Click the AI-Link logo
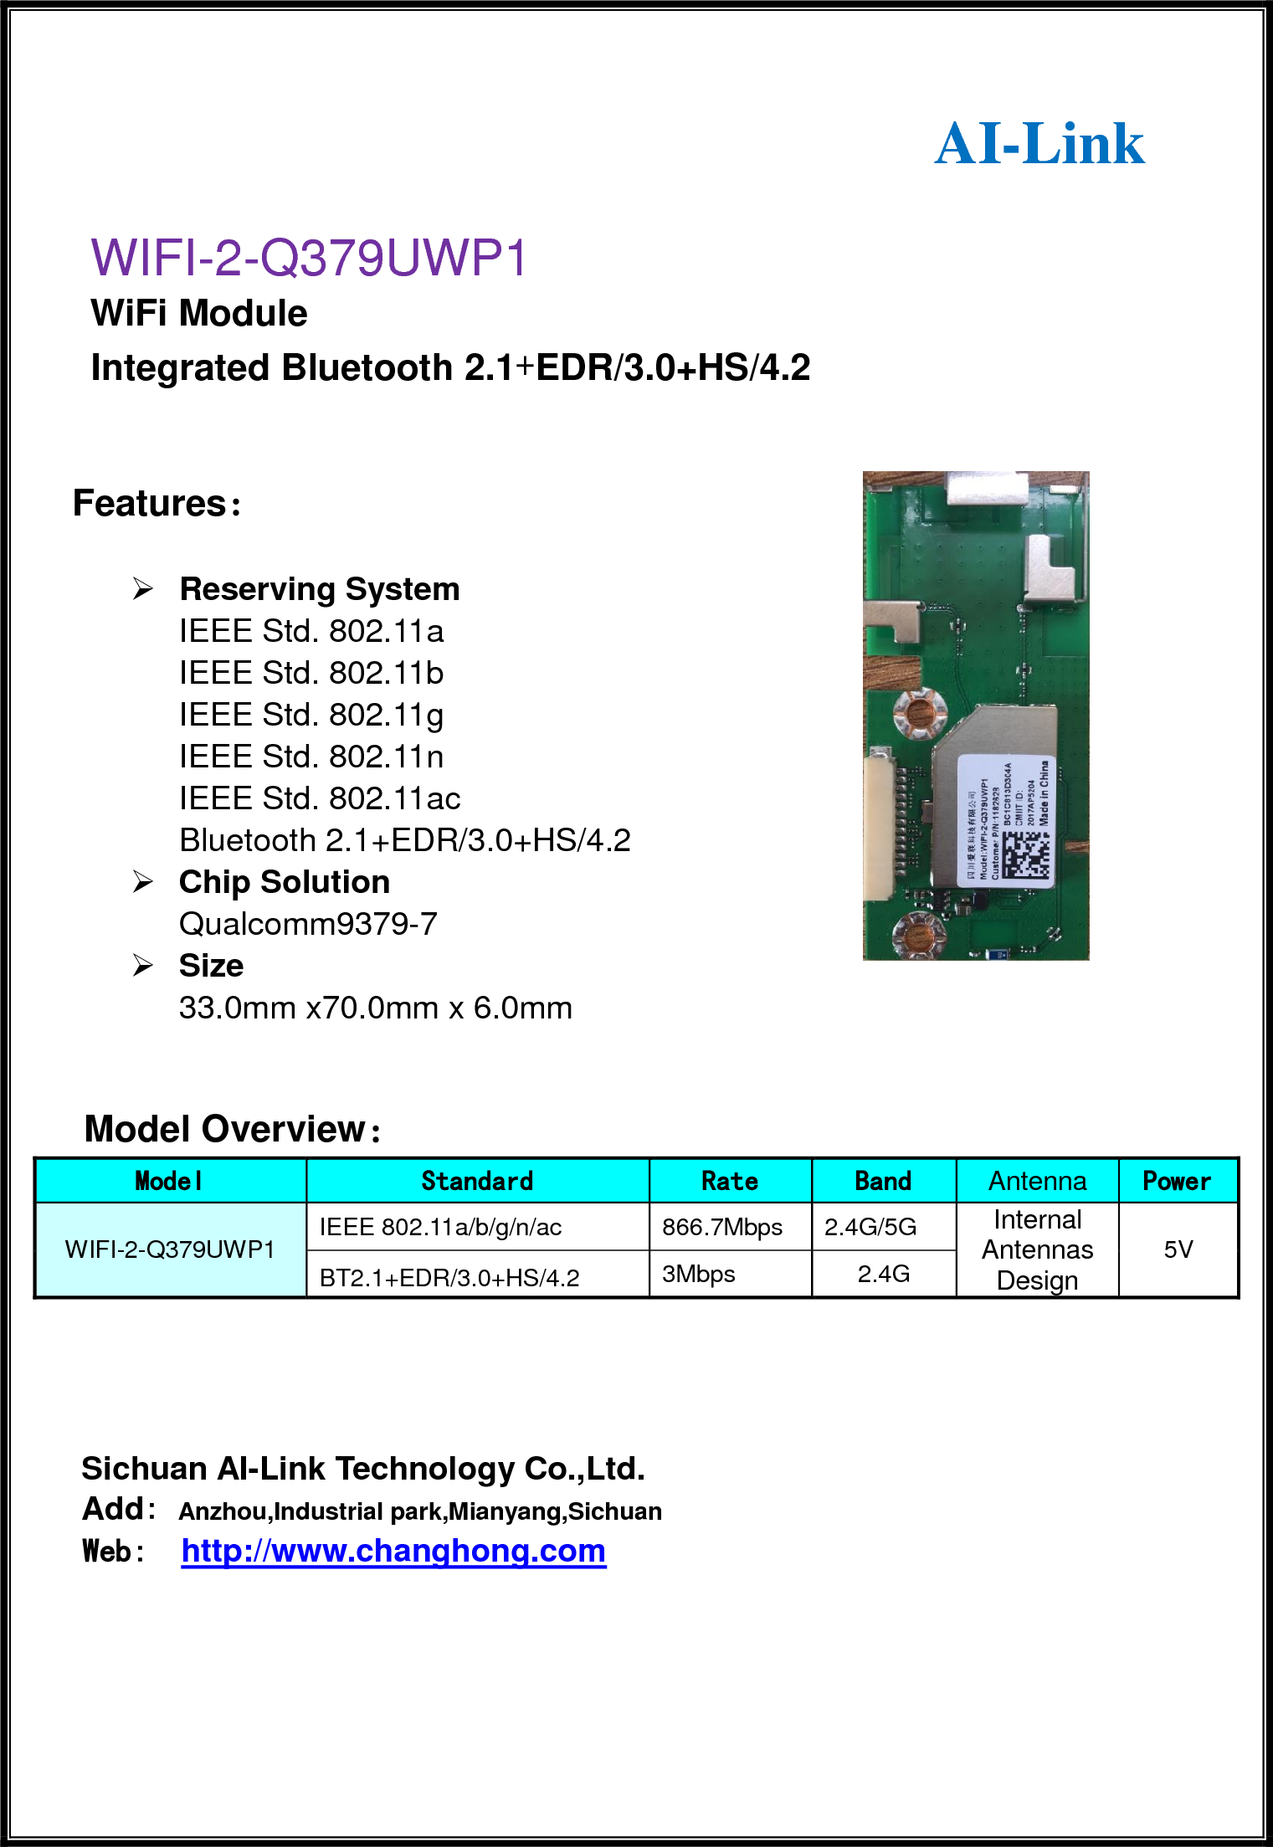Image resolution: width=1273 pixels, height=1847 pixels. pyautogui.click(x=1039, y=144)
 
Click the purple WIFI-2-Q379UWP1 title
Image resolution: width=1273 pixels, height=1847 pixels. pyautogui.click(x=309, y=258)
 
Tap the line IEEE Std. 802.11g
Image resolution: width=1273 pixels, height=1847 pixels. pyautogui.click(x=311, y=715)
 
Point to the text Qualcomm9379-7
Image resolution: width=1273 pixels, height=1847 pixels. pyautogui.click(x=308, y=924)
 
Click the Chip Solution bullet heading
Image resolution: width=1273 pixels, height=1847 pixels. pyautogui.click(x=284, y=882)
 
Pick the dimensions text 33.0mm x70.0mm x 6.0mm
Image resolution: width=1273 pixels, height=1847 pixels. pyautogui.click(x=375, y=1008)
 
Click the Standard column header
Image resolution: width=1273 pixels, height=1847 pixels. pyautogui.click(x=477, y=1181)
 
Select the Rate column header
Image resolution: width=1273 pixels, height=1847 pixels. pyautogui.click(x=729, y=1181)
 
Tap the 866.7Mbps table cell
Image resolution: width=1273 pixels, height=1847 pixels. pyautogui.click(x=721, y=1227)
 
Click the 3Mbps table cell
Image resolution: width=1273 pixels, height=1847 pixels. pyautogui.click(x=698, y=1274)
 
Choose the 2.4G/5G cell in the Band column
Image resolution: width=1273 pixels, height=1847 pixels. pyautogui.click(x=870, y=1227)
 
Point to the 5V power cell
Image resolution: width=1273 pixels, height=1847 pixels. pyautogui.click(x=1178, y=1249)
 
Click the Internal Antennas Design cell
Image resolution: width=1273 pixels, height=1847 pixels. pyautogui.click(x=1037, y=1249)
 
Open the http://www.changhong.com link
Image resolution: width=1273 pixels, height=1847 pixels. pyautogui.click(x=393, y=1551)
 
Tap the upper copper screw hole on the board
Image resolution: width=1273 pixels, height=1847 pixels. pyautogui.click(x=920, y=714)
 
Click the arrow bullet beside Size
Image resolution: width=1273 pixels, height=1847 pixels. pyautogui.click(x=143, y=966)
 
